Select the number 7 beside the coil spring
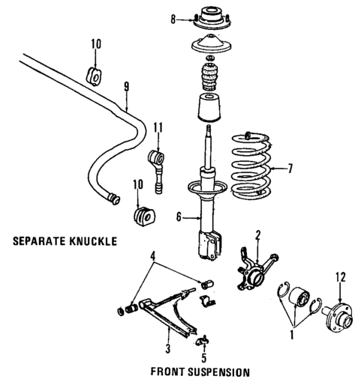coord(293,168)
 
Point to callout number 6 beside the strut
coord(179,218)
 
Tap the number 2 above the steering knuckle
coord(257,234)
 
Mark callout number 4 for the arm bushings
coord(153,263)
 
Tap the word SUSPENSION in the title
coord(212,372)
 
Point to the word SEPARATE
coord(37,242)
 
